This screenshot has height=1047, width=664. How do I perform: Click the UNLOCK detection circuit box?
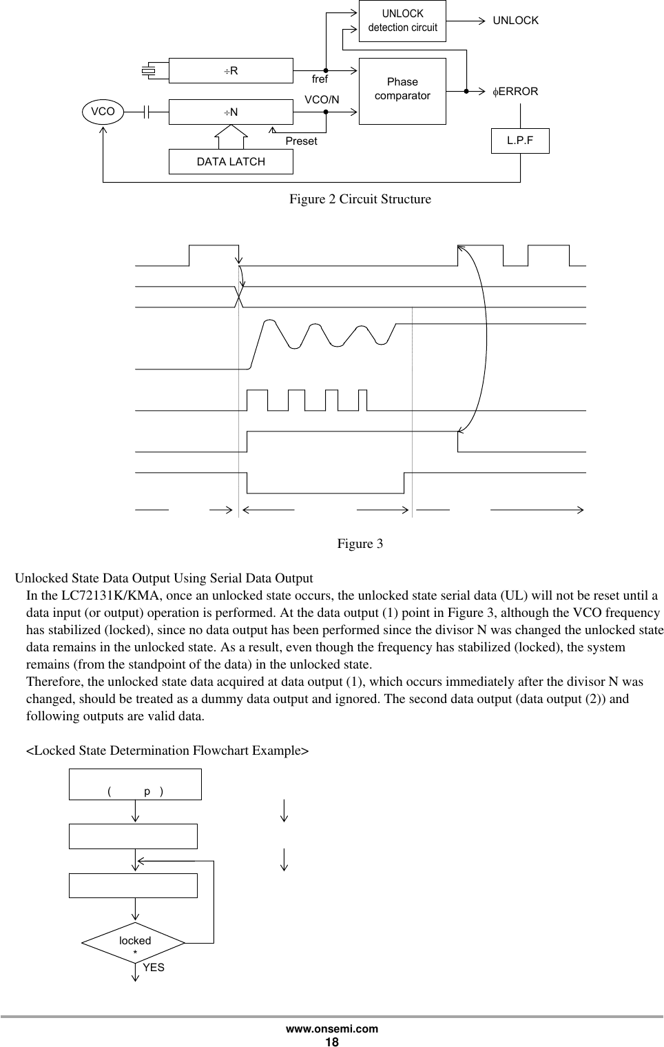click(402, 21)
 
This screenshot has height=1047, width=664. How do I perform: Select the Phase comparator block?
click(402, 90)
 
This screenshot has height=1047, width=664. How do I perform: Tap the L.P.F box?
click(519, 140)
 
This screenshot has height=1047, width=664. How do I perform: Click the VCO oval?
click(103, 110)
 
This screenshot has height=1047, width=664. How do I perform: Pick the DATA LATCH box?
click(231, 161)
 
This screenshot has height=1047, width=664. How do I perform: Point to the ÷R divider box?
click(231, 70)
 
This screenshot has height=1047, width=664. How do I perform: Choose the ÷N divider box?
click(231, 111)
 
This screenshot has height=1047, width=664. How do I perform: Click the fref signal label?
click(320, 80)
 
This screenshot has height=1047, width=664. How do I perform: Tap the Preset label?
click(301, 141)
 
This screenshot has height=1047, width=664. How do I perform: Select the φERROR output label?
click(515, 91)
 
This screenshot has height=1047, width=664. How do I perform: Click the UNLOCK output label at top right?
click(515, 21)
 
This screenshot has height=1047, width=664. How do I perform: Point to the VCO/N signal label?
click(322, 100)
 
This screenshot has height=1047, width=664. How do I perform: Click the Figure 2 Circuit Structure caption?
click(360, 199)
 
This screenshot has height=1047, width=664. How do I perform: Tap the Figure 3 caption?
click(360, 544)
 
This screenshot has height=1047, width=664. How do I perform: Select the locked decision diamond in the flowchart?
click(134, 943)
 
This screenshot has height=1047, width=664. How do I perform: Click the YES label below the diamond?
click(154, 967)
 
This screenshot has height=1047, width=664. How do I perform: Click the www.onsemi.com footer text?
click(332, 1028)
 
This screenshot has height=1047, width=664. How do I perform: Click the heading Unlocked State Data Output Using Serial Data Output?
click(164, 578)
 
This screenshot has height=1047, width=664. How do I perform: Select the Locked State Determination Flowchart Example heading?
click(167, 750)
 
